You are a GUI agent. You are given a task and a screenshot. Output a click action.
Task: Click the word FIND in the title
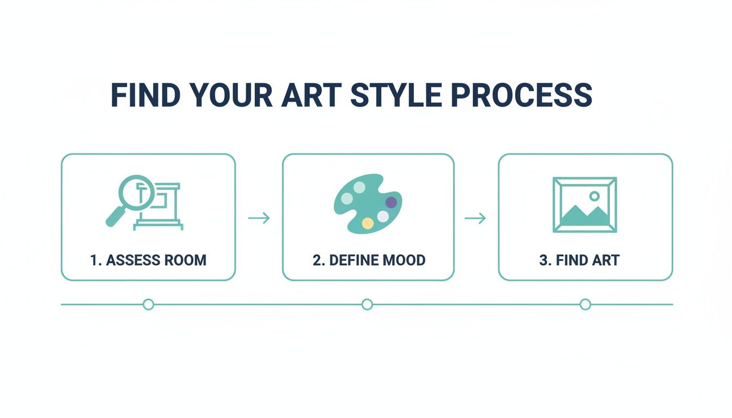pyautogui.click(x=147, y=95)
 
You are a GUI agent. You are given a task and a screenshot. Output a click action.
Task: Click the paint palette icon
pyautogui.click(x=368, y=204)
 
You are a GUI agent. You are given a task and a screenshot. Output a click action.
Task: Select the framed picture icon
pyautogui.click(x=585, y=205)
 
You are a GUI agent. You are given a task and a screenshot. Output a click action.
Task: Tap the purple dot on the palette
pyautogui.click(x=391, y=202)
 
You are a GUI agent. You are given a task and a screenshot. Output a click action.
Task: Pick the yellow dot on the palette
pyautogui.click(x=368, y=223)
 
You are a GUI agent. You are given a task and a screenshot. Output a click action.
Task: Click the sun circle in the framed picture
pyautogui.click(x=594, y=196)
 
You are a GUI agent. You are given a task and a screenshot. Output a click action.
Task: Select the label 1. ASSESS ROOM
pyautogui.click(x=148, y=260)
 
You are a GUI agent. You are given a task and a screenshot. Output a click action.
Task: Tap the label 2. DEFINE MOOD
pyautogui.click(x=369, y=260)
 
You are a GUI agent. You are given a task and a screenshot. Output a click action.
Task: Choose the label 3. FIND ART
pyautogui.click(x=579, y=260)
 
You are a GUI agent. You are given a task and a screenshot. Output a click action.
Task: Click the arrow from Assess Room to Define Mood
pyautogui.click(x=259, y=218)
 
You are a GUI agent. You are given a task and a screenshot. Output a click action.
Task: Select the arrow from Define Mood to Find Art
pyautogui.click(x=475, y=218)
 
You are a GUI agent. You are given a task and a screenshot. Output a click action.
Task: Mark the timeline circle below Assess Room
pyautogui.click(x=148, y=304)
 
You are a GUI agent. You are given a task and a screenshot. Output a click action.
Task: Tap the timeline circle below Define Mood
pyautogui.click(x=367, y=304)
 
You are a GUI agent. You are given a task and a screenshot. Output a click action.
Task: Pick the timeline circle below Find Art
pyautogui.click(x=585, y=304)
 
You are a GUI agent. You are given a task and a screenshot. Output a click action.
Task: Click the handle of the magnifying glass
pyautogui.click(x=115, y=217)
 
